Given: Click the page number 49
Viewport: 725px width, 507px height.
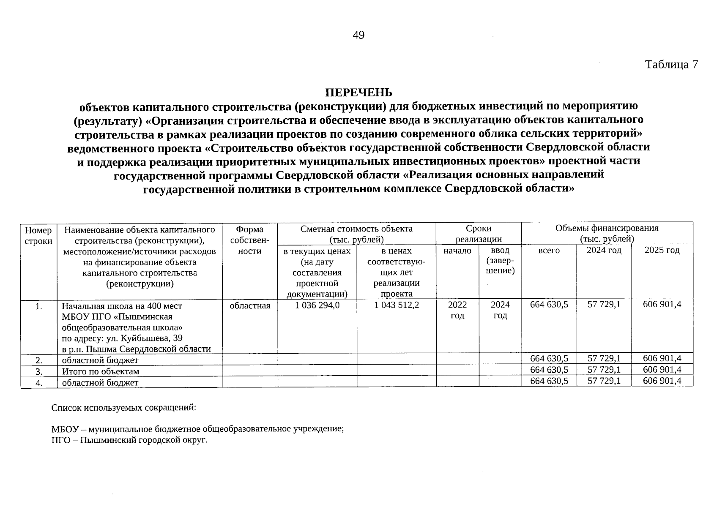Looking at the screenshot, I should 358,35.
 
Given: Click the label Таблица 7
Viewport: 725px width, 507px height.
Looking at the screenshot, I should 671,65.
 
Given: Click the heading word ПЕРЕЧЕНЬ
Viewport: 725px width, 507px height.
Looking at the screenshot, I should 358,93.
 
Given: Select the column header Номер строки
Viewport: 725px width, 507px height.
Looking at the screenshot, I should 38,235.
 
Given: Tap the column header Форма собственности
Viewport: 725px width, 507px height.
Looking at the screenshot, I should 249,240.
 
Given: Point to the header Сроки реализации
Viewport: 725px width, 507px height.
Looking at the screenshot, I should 478,234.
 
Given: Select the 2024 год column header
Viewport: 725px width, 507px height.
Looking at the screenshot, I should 604,251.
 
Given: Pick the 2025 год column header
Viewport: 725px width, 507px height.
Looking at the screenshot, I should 662,251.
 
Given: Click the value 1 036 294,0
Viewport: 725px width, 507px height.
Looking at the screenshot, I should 317,305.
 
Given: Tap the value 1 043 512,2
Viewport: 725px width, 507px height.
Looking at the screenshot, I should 396,305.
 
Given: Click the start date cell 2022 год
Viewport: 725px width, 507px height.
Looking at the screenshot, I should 457,310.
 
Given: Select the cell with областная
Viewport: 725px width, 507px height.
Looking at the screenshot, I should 249,305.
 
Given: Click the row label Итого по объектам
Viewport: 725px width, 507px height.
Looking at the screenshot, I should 101,372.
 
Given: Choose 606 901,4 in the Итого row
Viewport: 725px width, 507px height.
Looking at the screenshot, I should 662,370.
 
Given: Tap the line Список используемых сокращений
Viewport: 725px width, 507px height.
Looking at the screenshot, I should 123,408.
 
